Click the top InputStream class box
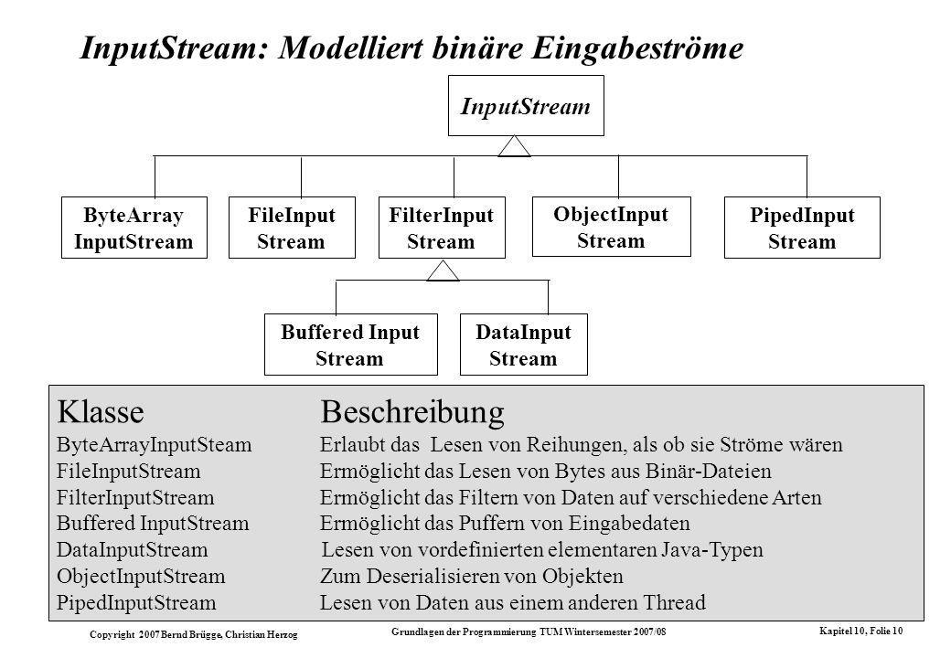(526, 105)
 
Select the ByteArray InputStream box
(134, 228)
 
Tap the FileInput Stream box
(292, 228)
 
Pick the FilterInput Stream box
(442, 228)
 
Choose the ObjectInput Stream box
(612, 227)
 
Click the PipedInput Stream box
(802, 228)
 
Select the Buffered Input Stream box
(350, 345)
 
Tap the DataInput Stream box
(523, 345)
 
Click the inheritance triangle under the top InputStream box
(514, 146)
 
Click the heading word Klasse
(101, 412)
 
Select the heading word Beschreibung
(412, 412)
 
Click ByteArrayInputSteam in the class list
(154, 445)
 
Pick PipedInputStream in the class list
(136, 603)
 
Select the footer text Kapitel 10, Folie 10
(860, 631)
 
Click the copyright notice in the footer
(194, 634)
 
